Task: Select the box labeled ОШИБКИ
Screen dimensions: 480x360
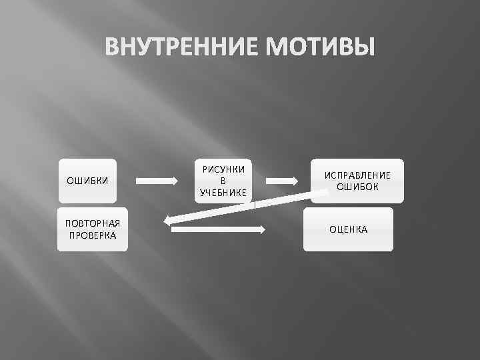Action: pos(87,181)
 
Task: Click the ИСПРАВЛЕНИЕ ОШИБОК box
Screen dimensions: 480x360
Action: pos(357,181)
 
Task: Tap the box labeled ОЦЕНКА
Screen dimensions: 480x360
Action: pos(348,230)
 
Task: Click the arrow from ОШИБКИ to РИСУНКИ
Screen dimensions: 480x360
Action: pos(157,181)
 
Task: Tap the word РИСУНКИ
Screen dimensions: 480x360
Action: pos(223,169)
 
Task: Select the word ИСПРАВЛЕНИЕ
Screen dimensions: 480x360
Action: pos(357,175)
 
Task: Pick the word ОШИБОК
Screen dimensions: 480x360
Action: pos(357,187)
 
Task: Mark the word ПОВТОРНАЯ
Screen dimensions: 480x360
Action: pos(92,223)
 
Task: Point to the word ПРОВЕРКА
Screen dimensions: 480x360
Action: pos(92,235)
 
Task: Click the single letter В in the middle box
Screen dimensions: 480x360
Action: pos(223,181)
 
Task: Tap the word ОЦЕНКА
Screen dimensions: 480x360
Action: pos(348,230)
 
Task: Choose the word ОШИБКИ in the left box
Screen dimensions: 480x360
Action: pos(87,181)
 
